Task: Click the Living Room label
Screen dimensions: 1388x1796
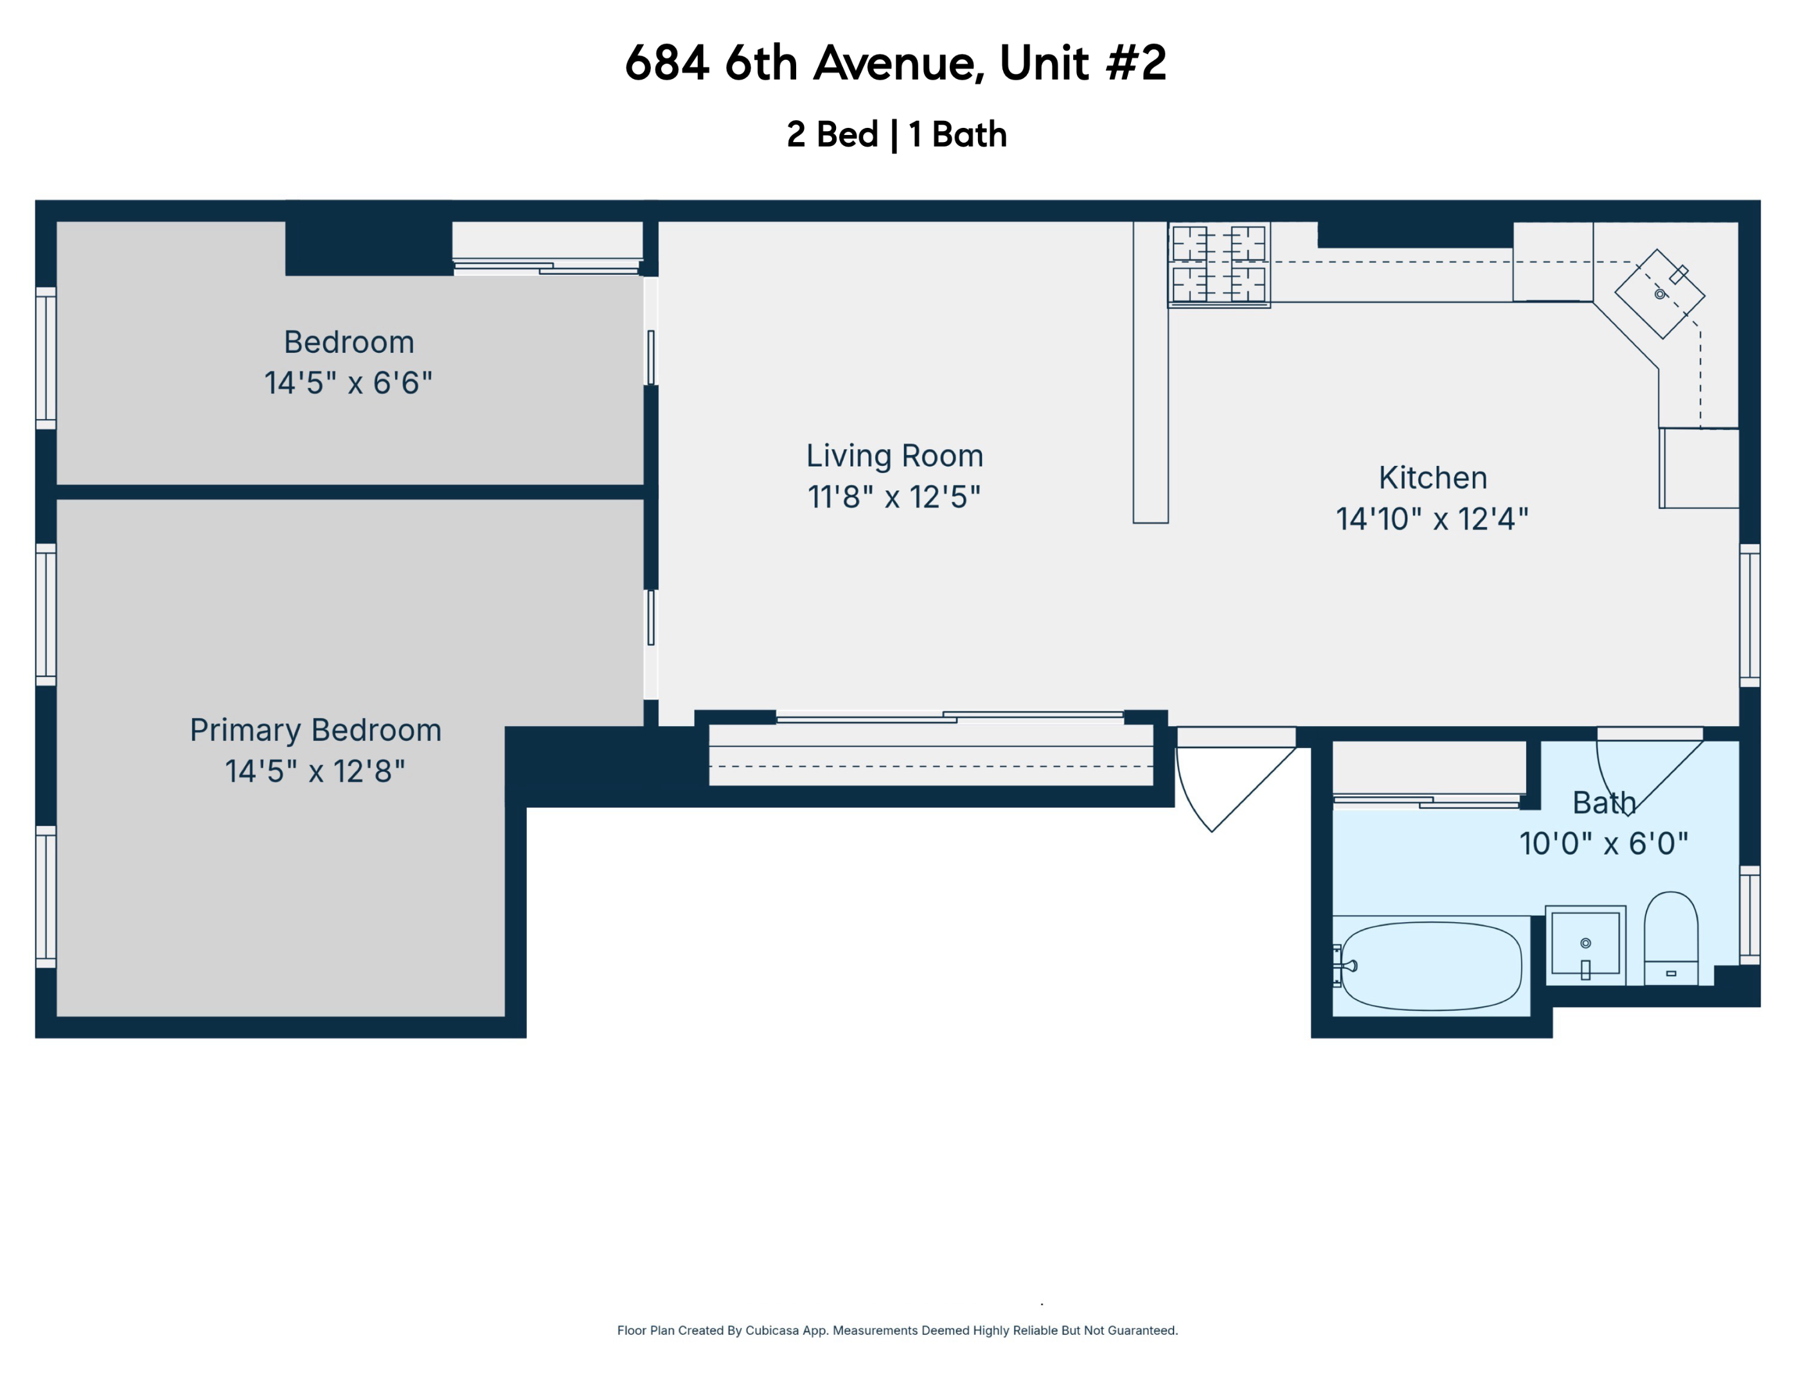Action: [894, 456]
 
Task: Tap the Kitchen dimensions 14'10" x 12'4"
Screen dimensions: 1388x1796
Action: [1432, 519]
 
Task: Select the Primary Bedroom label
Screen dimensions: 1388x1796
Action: [316, 730]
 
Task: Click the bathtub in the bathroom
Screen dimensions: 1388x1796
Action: [1431, 966]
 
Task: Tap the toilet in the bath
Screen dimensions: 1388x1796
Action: [1670, 938]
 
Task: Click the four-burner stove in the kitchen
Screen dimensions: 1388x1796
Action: [1219, 264]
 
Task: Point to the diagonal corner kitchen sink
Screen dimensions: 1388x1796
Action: [1660, 294]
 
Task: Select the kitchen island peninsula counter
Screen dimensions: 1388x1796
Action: [1150, 371]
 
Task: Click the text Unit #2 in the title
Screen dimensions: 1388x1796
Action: [1082, 64]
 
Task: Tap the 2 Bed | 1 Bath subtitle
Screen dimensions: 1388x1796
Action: [896, 135]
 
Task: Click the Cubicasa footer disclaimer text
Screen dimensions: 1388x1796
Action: [897, 1330]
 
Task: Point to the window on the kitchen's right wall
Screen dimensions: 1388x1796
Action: [1749, 615]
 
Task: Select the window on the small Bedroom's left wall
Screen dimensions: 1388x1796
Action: [46, 359]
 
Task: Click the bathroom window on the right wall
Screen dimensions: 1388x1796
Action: [1749, 914]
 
